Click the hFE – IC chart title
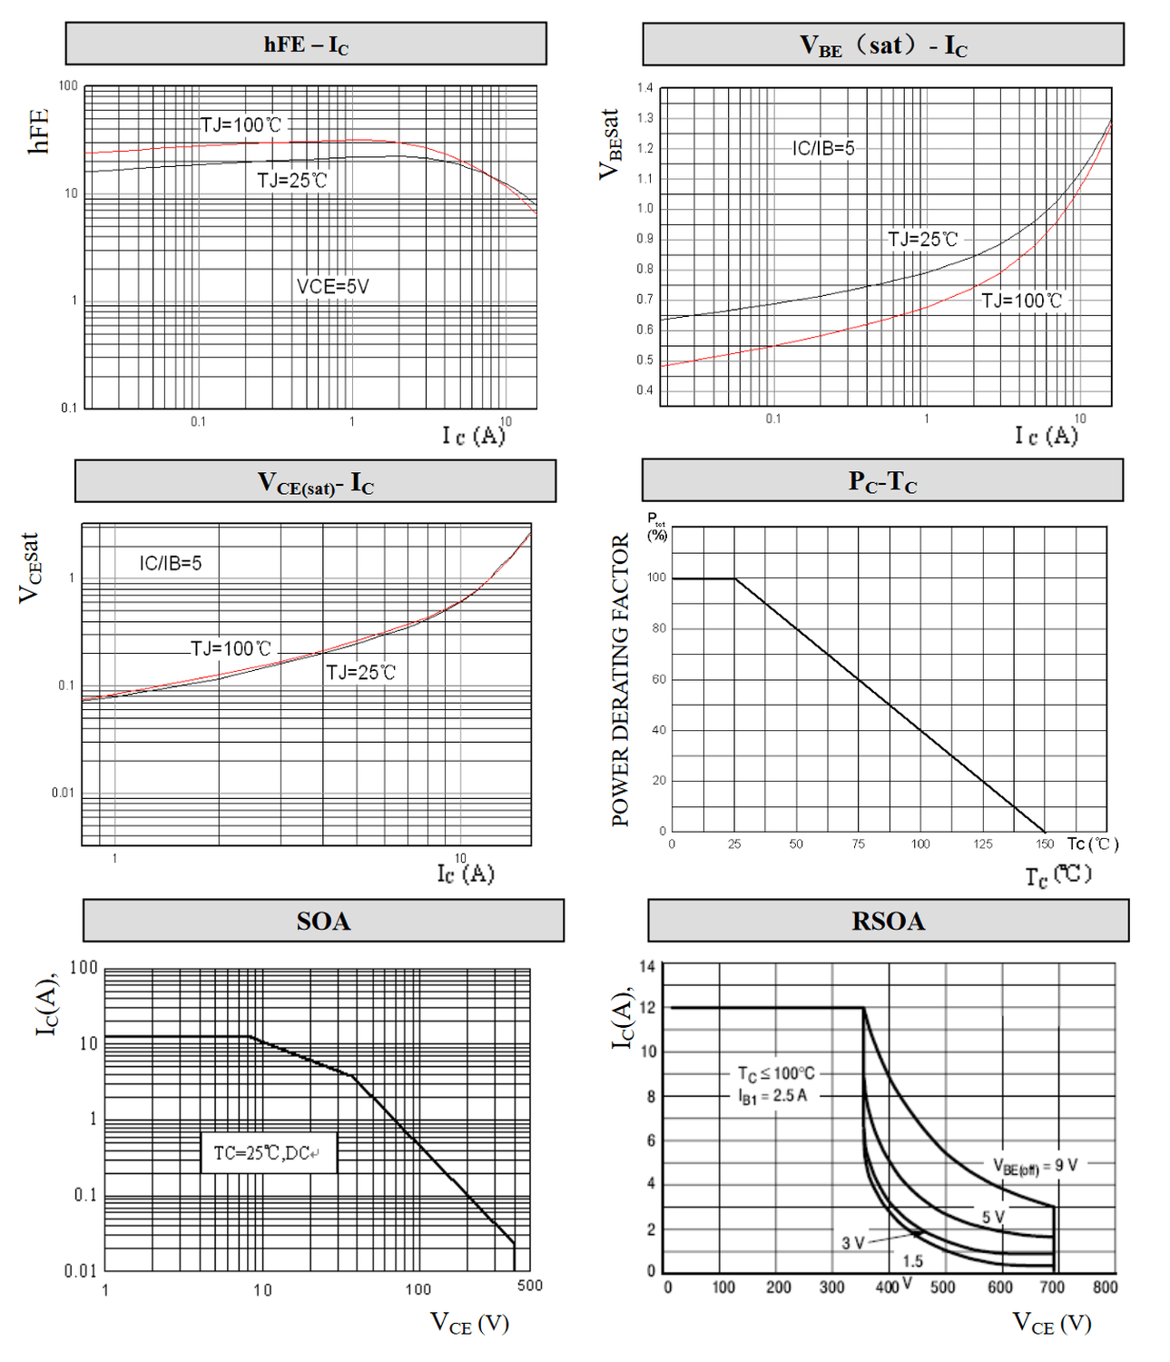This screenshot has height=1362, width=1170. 306,44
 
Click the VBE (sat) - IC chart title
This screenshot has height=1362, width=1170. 882,44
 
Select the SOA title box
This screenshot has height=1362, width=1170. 323,921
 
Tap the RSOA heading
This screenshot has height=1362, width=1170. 888,921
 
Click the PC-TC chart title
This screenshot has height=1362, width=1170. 882,480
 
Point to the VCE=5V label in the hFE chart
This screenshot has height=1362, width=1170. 333,287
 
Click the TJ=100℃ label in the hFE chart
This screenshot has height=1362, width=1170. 241,125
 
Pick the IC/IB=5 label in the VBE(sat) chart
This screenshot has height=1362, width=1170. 823,148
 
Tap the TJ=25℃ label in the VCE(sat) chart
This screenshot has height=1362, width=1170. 361,673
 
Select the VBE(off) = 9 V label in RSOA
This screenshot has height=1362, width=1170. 1036,1166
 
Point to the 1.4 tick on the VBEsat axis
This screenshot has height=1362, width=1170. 644,88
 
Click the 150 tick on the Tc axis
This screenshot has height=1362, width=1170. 1045,844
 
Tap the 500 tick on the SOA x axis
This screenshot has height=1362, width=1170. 529,1286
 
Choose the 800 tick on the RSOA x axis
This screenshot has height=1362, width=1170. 1105,1287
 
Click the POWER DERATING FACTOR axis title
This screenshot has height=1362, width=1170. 621,680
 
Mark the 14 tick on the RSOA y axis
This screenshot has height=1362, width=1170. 646,966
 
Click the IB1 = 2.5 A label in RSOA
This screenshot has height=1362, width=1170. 772,1097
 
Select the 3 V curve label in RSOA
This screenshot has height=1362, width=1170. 852,1243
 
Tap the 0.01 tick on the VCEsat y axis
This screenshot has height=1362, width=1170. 63,794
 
